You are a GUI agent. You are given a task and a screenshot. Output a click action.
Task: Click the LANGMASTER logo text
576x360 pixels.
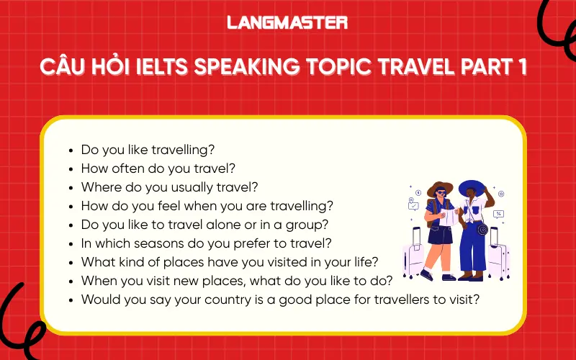pos(287,22)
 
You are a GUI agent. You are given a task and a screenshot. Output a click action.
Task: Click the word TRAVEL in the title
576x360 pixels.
pos(417,67)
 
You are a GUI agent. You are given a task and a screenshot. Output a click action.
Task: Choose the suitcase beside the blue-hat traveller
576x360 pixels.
pos(498,252)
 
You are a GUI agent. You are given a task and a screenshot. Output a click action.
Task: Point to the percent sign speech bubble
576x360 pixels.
pos(498,214)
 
